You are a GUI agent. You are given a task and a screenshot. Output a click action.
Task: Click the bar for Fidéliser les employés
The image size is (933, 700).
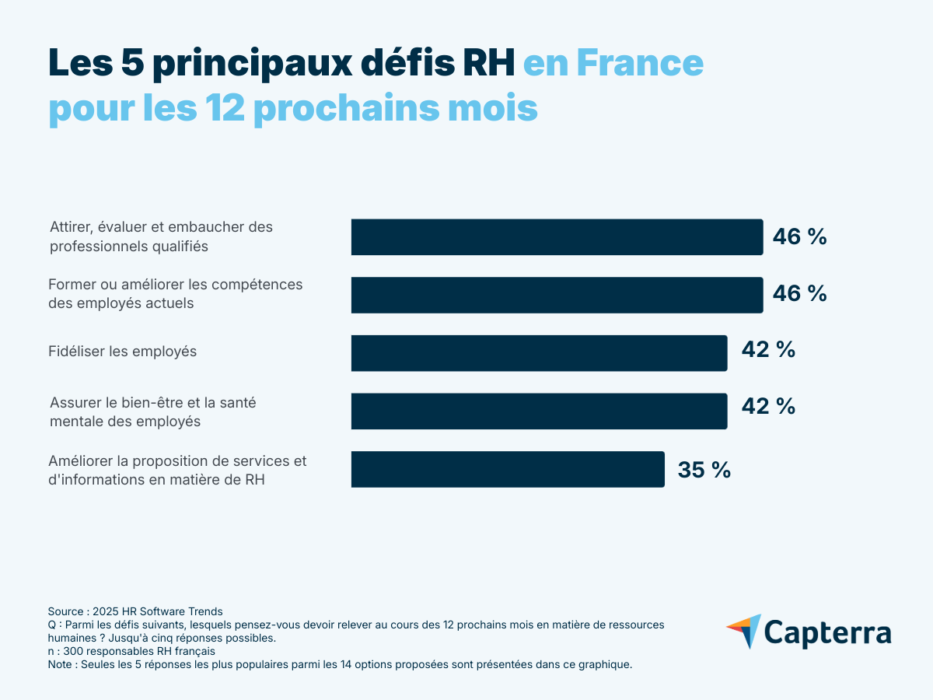coord(539,353)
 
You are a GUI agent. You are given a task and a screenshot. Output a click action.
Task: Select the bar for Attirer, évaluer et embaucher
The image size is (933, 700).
coord(557,237)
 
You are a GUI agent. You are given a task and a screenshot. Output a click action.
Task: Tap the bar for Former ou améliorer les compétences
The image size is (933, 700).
coord(557,295)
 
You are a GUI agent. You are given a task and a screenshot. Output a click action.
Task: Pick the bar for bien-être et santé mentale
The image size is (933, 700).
coord(539,411)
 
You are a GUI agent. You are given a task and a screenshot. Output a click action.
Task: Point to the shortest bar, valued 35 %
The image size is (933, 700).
coord(508,469)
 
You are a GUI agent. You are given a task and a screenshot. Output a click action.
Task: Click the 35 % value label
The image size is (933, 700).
coord(704,470)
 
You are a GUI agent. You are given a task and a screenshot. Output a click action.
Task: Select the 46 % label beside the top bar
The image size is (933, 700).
coord(798,237)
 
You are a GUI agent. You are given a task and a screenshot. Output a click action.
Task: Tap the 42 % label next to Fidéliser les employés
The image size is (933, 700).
coord(767,350)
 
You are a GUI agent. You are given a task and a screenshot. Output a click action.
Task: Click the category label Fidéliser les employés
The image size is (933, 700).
coord(123,352)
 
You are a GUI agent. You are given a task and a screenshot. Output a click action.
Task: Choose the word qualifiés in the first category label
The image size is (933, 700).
coord(180,247)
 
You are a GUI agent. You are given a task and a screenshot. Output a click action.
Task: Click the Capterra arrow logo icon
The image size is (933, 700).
coord(744,632)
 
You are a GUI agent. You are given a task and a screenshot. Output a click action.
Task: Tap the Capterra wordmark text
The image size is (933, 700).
coord(827,632)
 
